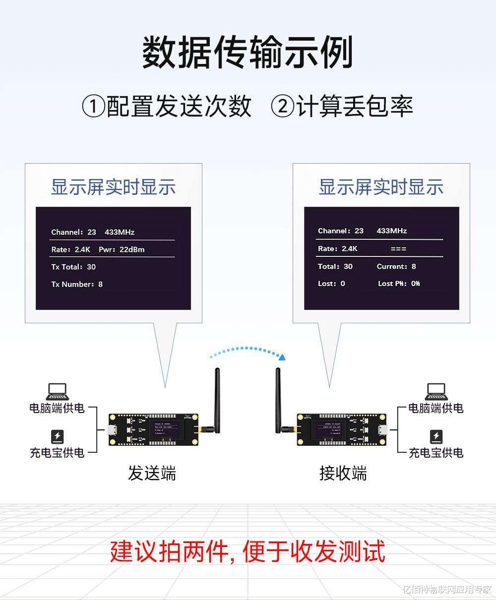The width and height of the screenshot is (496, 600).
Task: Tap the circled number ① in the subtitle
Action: pyautogui.click(x=94, y=107)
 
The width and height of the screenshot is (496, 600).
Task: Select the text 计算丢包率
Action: pyautogui.click(x=355, y=107)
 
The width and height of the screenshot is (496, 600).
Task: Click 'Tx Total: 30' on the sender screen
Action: pyautogui.click(x=73, y=267)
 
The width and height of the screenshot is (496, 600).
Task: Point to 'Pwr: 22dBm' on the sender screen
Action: pyautogui.click(x=122, y=249)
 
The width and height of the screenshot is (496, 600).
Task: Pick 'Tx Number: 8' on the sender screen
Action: pyautogui.click(x=77, y=284)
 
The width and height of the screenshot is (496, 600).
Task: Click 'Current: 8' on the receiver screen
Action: pyautogui.click(x=396, y=266)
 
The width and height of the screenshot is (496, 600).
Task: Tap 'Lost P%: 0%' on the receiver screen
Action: pyautogui.click(x=399, y=284)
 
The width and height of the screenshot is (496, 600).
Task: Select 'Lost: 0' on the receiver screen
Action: pyautogui.click(x=331, y=284)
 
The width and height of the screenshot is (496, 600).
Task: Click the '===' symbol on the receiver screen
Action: pyautogui.click(x=398, y=248)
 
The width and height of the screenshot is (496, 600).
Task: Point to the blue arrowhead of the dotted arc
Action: pyautogui.click(x=282, y=356)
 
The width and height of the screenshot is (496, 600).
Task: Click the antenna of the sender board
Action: pyautogui.click(x=217, y=397)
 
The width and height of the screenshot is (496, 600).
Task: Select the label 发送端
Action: pyautogui.click(x=152, y=473)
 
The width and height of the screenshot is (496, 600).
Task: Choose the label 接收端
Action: pyautogui.click(x=343, y=473)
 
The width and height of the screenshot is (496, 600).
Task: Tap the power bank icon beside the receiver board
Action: pyautogui.click(x=436, y=437)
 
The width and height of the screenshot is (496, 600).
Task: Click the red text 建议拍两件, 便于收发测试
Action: pyautogui.click(x=248, y=551)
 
